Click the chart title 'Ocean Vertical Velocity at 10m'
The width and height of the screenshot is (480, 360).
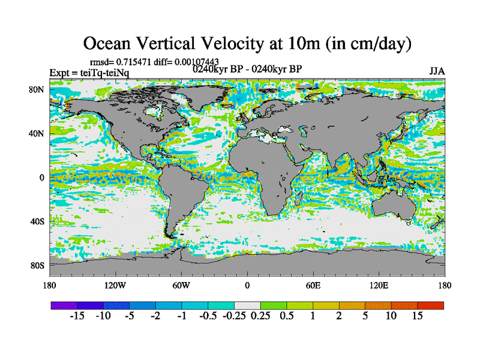point(247,43)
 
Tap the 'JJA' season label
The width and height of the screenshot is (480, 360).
point(437,71)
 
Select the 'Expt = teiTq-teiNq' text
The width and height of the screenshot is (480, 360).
point(89,73)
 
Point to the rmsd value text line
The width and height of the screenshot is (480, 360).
point(154,62)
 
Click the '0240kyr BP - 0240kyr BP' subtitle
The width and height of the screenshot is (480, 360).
point(247,68)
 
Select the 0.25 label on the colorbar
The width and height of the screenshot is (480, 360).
point(260,316)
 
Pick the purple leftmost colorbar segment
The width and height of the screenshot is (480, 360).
point(63,305)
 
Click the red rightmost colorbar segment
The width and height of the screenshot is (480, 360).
point(431,305)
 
